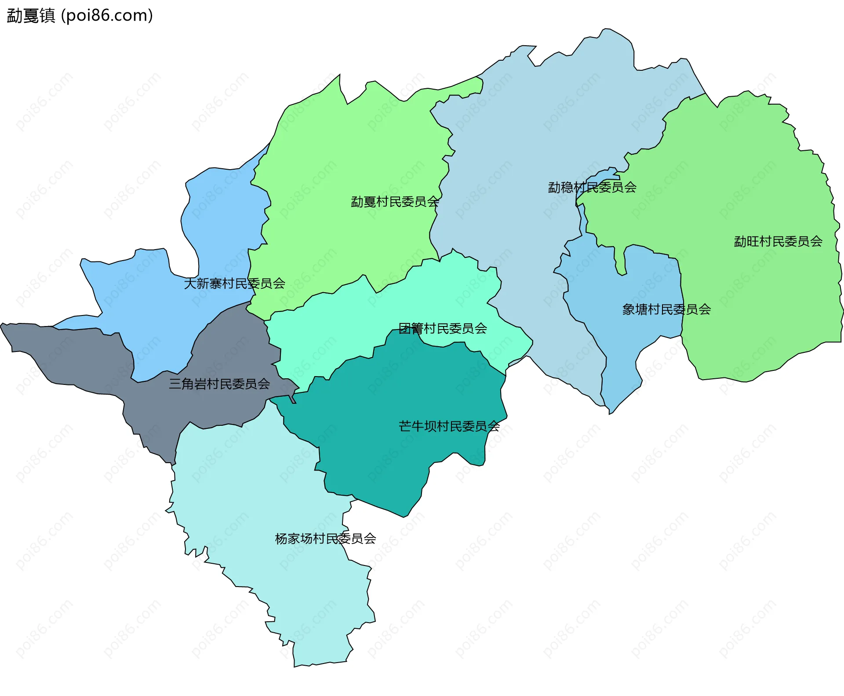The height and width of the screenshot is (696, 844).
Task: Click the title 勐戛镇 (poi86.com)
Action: pyautogui.click(x=80, y=15)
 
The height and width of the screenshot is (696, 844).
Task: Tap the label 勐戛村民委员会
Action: pyautogui.click(x=395, y=202)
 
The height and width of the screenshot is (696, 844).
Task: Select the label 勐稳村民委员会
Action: pyautogui.click(x=592, y=187)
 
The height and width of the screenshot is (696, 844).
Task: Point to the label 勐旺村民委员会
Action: pyautogui.click(x=778, y=241)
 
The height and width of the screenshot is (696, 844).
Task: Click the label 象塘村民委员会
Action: pyautogui.click(x=666, y=309)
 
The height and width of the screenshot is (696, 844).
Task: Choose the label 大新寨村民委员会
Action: pyautogui.click(x=234, y=283)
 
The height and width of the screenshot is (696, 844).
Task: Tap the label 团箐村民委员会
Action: pyautogui.click(x=442, y=328)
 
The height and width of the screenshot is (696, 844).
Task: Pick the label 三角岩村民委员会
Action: pyautogui.click(x=219, y=384)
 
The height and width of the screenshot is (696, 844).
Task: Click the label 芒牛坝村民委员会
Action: pyautogui.click(x=449, y=426)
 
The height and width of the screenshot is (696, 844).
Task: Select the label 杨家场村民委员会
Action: pyautogui.click(x=325, y=538)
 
